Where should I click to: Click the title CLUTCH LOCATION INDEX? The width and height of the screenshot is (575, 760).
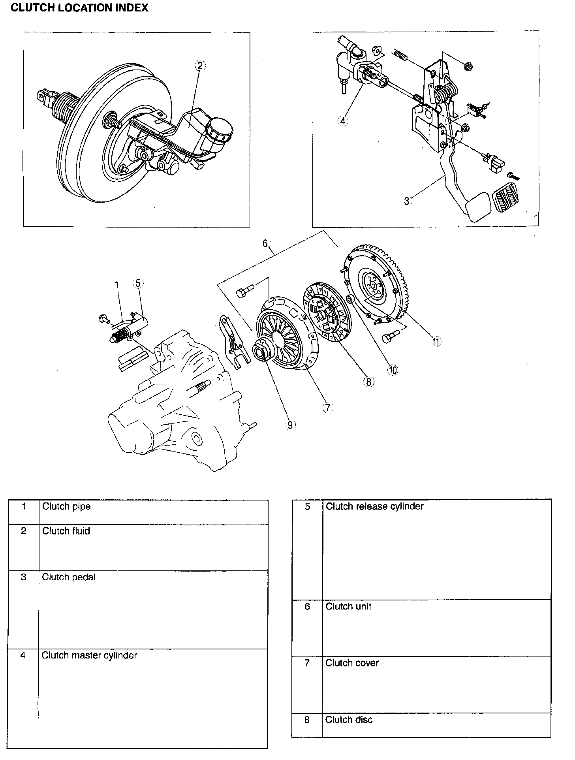(79, 8)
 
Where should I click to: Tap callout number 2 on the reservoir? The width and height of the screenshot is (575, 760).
(200, 66)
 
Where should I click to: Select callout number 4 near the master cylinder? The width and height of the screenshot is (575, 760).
(343, 121)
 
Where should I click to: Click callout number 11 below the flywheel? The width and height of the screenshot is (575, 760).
(436, 342)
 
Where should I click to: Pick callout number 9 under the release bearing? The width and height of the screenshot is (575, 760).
(290, 425)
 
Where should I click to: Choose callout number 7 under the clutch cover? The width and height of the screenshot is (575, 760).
(328, 408)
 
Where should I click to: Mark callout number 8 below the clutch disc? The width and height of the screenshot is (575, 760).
(368, 382)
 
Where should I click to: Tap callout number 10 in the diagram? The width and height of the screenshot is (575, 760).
(393, 370)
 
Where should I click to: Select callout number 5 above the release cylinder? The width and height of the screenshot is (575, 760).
(137, 283)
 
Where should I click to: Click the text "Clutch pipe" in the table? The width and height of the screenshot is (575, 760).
(66, 506)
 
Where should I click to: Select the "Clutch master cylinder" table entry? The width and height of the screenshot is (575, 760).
(89, 655)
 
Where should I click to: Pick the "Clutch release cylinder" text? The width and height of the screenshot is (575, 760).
(374, 506)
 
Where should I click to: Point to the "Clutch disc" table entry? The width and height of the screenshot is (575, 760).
(349, 720)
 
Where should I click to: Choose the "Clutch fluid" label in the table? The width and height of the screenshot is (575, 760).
(66, 531)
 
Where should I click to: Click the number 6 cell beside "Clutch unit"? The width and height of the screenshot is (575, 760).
(307, 606)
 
